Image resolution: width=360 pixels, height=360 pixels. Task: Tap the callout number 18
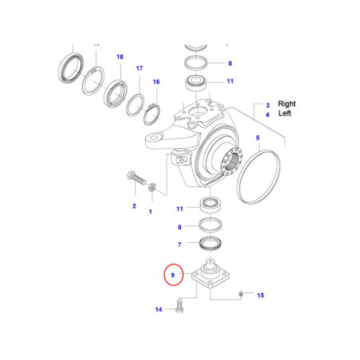[120, 57]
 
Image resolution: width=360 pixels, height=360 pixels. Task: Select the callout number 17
[139, 69]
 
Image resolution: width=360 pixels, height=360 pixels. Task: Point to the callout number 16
[156, 82]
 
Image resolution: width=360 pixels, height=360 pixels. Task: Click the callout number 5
[257, 139]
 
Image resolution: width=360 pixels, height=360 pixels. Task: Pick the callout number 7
[180, 245]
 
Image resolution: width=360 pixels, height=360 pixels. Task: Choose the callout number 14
[158, 309]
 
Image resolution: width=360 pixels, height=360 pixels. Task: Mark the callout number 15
[260, 295]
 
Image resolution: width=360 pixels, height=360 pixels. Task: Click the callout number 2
[134, 206]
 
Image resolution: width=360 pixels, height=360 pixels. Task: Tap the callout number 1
[151, 213]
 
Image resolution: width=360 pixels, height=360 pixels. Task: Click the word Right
[288, 104]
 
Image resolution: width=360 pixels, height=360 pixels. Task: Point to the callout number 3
[268, 104]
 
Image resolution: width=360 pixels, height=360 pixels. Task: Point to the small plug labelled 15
[240, 295]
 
